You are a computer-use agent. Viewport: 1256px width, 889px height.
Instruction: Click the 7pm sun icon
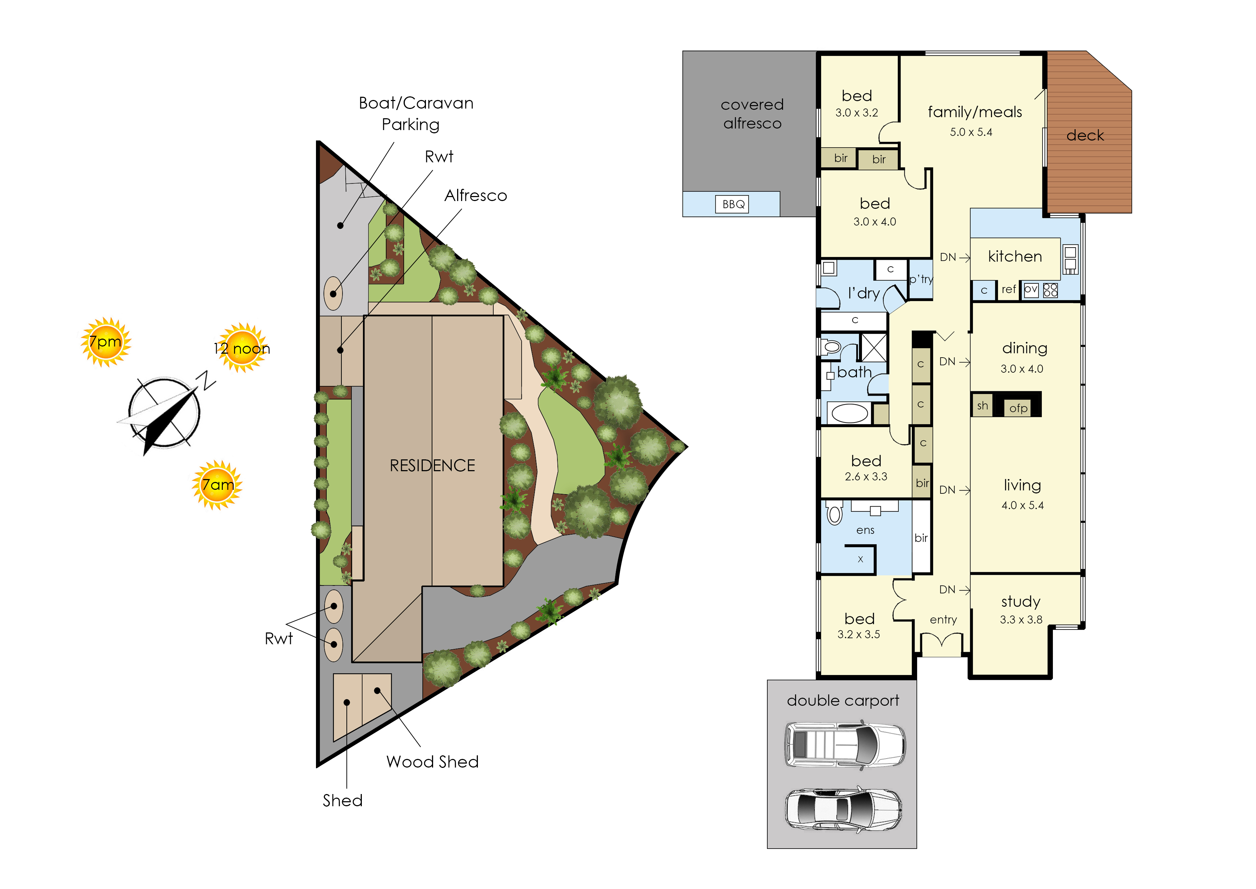point(106,342)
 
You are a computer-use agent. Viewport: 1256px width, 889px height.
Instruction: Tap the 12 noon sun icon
point(243,348)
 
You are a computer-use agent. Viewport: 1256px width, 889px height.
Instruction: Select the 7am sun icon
point(217,485)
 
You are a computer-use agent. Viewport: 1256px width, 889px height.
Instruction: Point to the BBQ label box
point(733,204)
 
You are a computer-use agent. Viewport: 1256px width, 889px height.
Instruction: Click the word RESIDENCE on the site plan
point(432,465)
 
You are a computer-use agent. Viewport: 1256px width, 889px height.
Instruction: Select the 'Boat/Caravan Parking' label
point(416,113)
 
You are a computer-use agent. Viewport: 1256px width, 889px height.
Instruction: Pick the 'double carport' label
point(843,701)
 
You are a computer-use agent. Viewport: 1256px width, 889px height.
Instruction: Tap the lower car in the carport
point(843,809)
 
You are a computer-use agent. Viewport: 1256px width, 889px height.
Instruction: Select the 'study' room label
point(1021,602)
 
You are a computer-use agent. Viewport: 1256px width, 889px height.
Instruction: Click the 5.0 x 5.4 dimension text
point(971,132)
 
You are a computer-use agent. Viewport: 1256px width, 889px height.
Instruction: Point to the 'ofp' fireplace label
point(1018,408)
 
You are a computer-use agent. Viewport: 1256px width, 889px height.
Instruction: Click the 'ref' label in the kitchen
point(1008,289)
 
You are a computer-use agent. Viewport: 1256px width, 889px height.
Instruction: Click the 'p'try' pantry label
point(921,279)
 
